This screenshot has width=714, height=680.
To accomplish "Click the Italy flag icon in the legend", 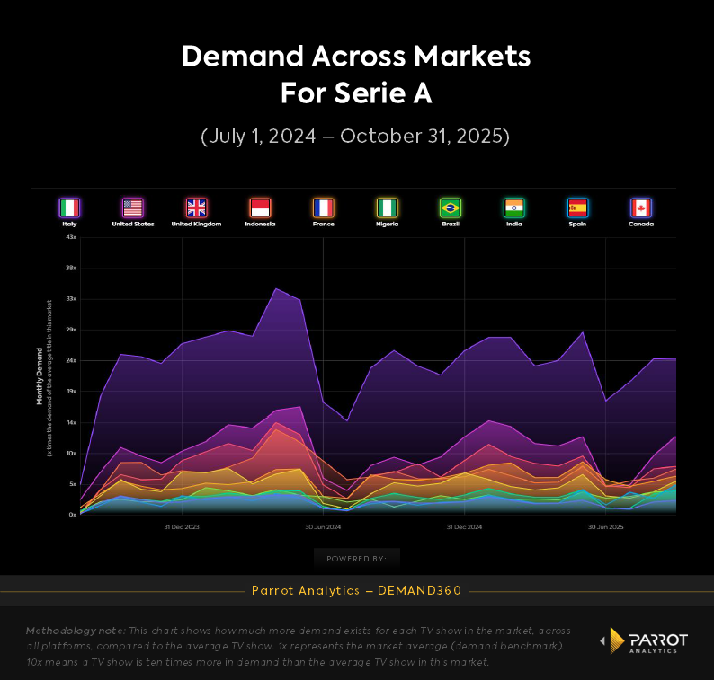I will [69, 208].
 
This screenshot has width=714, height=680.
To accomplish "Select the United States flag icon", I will [132, 208].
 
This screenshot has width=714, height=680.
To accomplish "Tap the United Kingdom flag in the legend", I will [196, 208].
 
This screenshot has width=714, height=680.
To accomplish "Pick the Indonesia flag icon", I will [260, 208].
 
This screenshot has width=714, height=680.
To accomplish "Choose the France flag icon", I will [323, 208].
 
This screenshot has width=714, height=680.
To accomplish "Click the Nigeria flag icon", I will [387, 208].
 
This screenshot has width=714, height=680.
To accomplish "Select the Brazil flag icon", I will [451, 208].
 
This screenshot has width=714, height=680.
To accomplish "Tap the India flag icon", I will [513, 208].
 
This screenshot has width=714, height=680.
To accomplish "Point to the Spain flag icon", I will [577, 208].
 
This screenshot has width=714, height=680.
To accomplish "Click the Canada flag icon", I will [641, 208].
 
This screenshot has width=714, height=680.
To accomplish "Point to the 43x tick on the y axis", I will [71, 236].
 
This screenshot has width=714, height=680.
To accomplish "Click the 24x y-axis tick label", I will [71, 360].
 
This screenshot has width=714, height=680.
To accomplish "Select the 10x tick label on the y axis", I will [71, 453].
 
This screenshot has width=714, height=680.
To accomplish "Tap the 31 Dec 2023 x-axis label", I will [182, 527].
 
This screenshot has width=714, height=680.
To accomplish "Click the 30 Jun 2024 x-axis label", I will [322, 527].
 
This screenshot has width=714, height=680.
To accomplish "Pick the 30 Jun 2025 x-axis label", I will [605, 527].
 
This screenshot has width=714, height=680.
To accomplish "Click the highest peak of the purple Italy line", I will [276, 288].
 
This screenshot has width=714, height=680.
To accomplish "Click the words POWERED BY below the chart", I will [356, 559].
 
